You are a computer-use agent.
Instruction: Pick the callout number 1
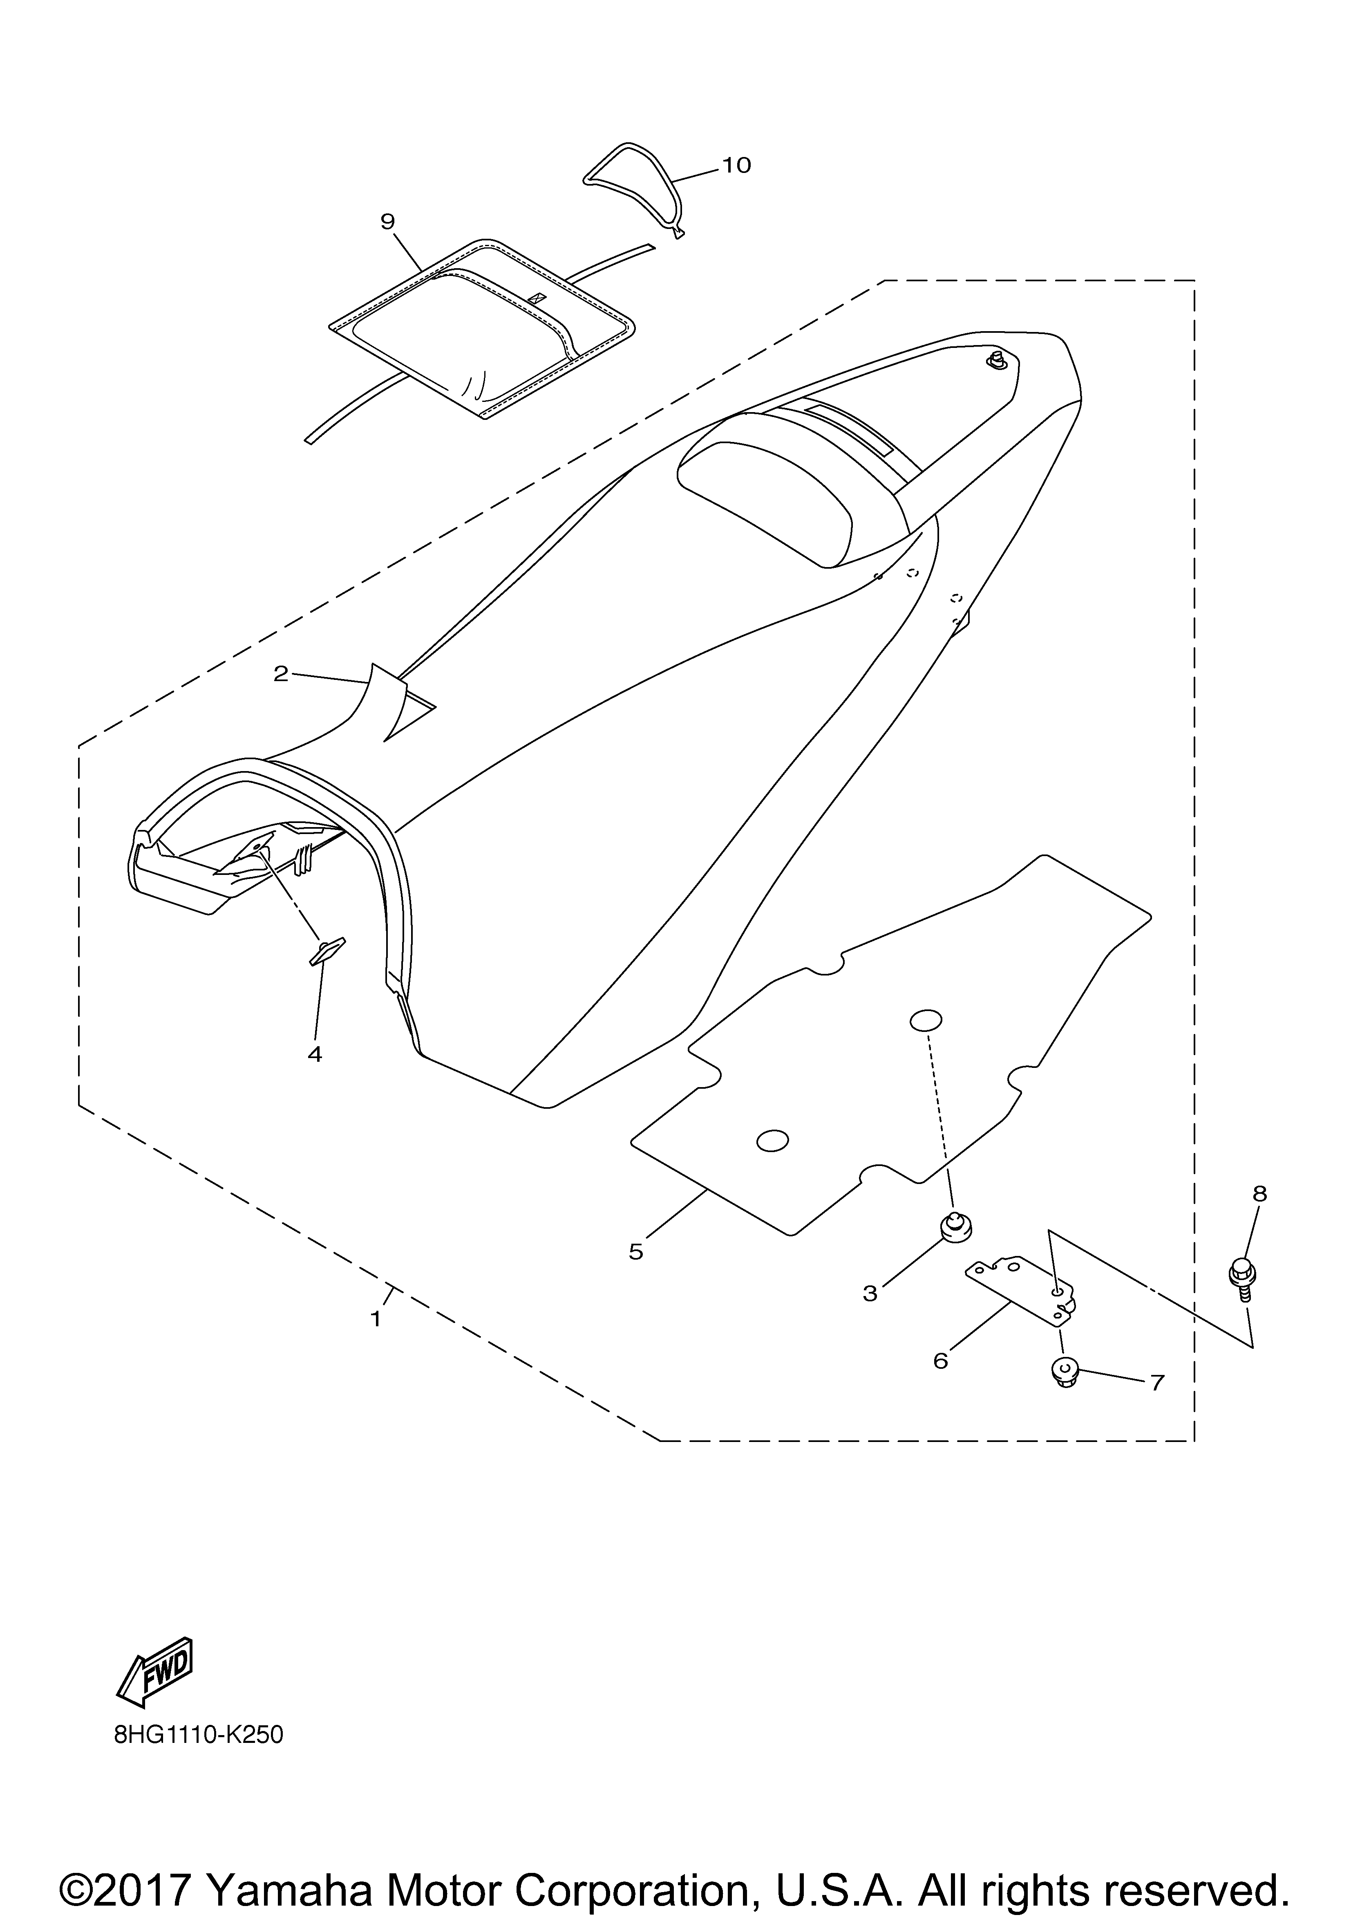point(376,1318)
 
